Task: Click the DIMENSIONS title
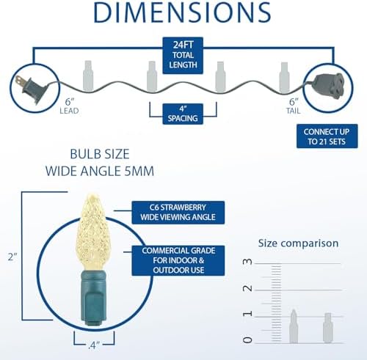point(182,12)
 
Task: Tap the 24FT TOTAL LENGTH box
point(183,55)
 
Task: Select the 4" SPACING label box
point(183,114)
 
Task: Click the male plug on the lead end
point(31,89)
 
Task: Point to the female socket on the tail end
point(329,86)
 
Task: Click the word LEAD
point(69,111)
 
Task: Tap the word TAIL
point(293,111)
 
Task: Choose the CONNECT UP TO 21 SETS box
point(327,136)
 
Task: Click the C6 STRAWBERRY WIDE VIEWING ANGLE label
point(178,213)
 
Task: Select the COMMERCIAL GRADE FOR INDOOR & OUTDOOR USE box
point(178,260)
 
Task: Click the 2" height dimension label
point(12,257)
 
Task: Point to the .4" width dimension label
point(94,345)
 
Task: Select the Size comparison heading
point(298,243)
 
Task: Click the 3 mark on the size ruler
point(247,262)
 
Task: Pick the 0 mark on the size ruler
point(247,340)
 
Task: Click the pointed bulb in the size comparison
point(294,326)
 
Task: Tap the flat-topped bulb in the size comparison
point(328,328)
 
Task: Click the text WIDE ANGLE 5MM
point(100,171)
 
